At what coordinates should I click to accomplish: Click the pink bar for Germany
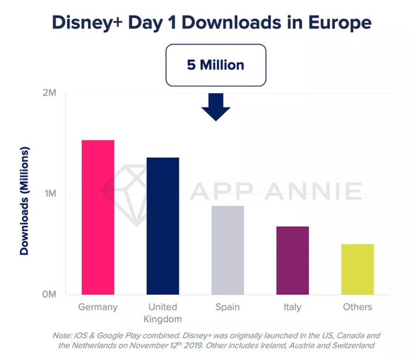(98, 217)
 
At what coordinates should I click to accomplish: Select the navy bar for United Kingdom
(162, 226)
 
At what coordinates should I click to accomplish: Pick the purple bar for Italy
(292, 260)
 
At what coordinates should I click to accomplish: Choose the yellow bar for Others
(357, 269)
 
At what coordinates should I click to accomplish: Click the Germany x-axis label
(98, 307)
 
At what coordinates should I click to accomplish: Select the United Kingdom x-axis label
(162, 313)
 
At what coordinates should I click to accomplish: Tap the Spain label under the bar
(227, 307)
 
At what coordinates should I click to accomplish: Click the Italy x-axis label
(292, 307)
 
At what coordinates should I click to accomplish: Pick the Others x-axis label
(357, 307)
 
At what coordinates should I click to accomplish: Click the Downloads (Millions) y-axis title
(24, 201)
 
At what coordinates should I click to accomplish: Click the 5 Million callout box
(216, 64)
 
